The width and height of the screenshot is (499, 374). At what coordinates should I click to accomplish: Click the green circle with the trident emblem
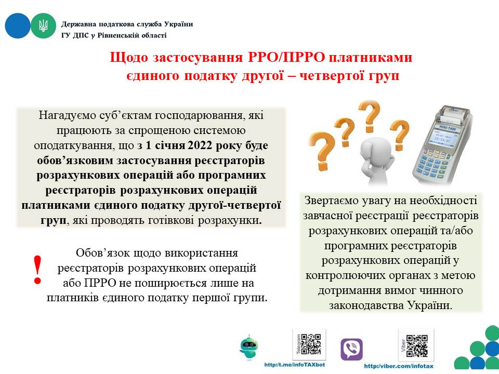43,26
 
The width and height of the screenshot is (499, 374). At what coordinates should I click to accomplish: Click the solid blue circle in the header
18,26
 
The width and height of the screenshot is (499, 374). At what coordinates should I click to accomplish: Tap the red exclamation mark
38,270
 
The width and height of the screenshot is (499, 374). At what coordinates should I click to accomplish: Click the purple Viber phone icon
351,349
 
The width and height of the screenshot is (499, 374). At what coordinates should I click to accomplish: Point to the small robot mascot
249,348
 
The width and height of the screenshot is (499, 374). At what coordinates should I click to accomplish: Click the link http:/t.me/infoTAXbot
295,365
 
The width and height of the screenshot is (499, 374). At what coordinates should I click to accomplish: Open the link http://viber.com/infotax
399,366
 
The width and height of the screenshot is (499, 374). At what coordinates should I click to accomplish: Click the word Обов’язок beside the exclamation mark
102,253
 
